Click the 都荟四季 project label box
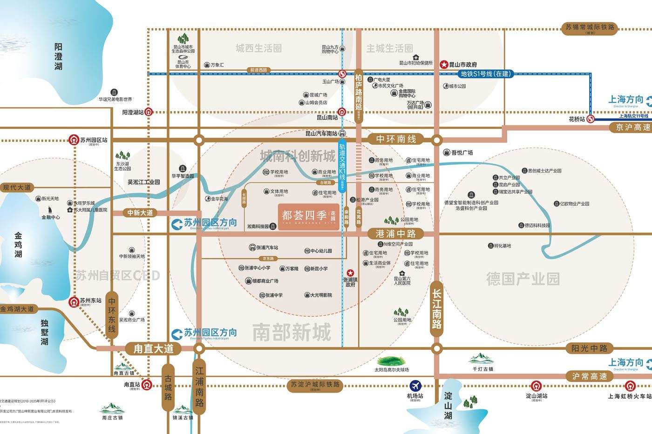pyautogui.click(x=309, y=217)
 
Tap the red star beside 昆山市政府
pyautogui.click(x=444, y=65)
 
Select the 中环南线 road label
pyautogui.click(x=396, y=139)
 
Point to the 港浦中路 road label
pyautogui.click(x=396, y=234)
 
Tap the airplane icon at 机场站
pyautogui.click(x=415, y=386)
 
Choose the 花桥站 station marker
pyautogui.click(x=591, y=119)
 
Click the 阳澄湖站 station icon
pyautogui.click(x=149, y=112)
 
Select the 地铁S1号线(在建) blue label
pyautogui.click(x=486, y=73)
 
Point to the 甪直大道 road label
pyautogui.click(x=153, y=348)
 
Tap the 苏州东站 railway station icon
pyautogui.click(x=74, y=301)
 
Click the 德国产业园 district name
pyautogui.click(x=523, y=279)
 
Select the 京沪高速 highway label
pyautogui.click(x=632, y=127)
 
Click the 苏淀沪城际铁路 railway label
pyautogui.click(x=315, y=385)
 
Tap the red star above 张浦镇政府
pyautogui.click(x=350, y=273)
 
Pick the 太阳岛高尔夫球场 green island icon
pyautogui.click(x=391, y=361)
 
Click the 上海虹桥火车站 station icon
pyautogui.click(x=630, y=386)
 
